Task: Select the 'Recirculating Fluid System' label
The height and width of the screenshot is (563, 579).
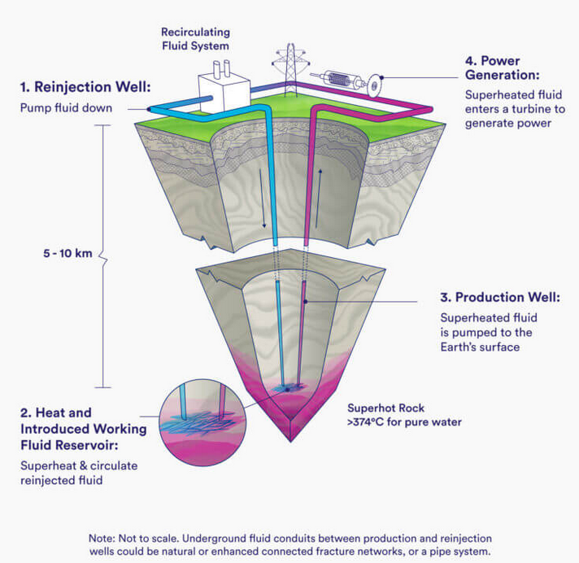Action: pyautogui.click(x=194, y=39)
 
